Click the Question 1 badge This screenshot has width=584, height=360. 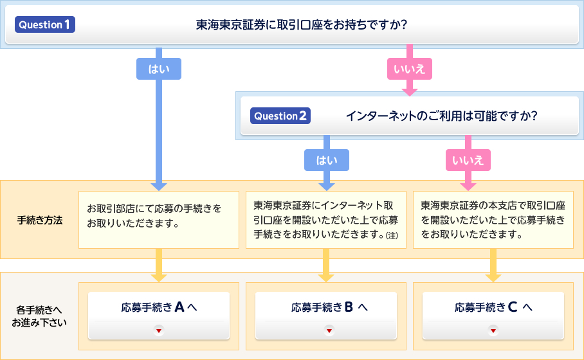tap(45, 24)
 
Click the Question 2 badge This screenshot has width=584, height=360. tap(280, 116)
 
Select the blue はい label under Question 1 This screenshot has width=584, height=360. tap(159, 69)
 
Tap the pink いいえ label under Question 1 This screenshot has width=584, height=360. tap(410, 69)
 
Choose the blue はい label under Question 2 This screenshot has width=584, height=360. tap(327, 160)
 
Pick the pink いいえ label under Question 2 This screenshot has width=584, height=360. tap(468, 160)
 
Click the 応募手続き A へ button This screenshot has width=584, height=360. tap(159, 316)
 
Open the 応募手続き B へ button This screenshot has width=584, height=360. tap(326, 316)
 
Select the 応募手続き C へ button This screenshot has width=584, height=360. tap(493, 316)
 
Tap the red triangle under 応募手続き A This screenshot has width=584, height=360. tap(159, 330)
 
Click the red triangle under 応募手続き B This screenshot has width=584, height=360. tap(329, 330)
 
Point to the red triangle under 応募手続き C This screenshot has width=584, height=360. tap(493, 330)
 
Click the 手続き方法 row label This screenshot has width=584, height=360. tap(40, 221)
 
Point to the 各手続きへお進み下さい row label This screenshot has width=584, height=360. tap(39, 316)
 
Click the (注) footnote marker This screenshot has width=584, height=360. tap(392, 235)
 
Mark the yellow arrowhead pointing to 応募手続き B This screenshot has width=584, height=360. tap(326, 278)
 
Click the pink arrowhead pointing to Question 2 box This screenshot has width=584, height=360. tap(410, 93)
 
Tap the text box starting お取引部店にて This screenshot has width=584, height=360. tap(159, 220)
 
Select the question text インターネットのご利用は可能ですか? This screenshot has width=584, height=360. tap(442, 116)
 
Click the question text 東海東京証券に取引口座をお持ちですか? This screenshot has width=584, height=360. tap(302, 24)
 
